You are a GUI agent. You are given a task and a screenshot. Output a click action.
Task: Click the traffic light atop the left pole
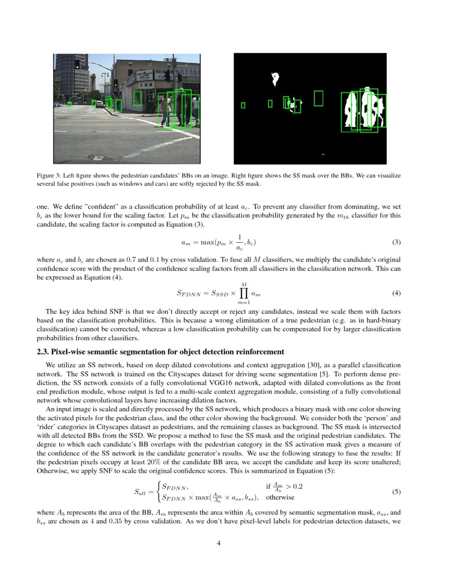tap(77, 64)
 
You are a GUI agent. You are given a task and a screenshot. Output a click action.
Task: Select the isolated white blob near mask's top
tap(275, 79)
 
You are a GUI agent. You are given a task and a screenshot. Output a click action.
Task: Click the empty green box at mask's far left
tap(243, 105)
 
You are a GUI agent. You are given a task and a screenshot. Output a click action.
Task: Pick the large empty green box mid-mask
tap(318, 98)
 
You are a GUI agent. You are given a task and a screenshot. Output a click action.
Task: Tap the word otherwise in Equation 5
tap(280, 497)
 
